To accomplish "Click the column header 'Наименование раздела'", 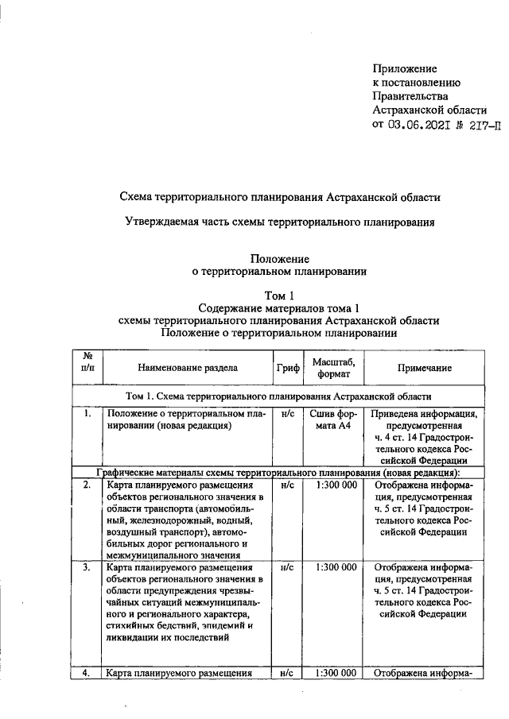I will pyautogui.click(x=187, y=368).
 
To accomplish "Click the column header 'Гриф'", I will pyautogui.click(x=288, y=368).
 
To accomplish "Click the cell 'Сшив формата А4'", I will pyautogui.click(x=334, y=421).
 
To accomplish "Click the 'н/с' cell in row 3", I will pyautogui.click(x=288, y=568).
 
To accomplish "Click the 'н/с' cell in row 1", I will pyautogui.click(x=288, y=414).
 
